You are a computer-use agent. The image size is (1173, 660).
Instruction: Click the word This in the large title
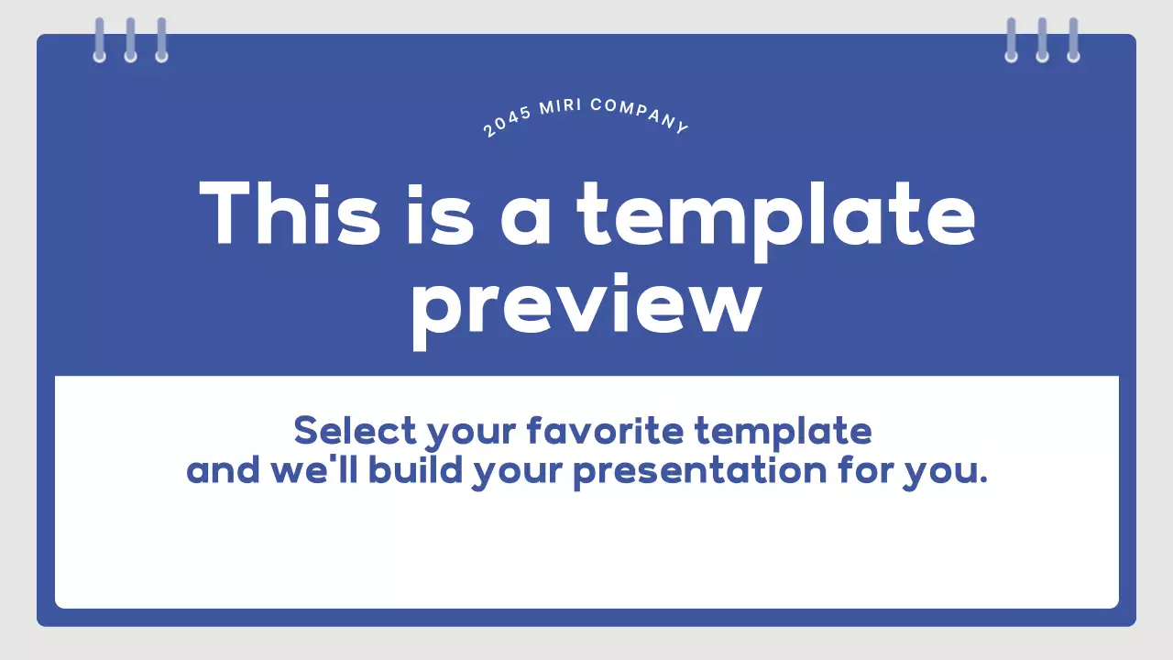[290, 213]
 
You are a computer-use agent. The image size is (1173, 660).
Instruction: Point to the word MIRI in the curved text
[561, 106]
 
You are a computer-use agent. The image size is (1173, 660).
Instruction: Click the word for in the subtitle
[865, 470]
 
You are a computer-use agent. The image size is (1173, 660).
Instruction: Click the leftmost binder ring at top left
[100, 40]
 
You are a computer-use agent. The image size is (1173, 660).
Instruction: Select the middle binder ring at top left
[130, 40]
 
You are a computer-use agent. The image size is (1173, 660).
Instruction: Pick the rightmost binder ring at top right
[1073, 40]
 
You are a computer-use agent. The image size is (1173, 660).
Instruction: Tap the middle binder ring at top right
[1042, 40]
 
